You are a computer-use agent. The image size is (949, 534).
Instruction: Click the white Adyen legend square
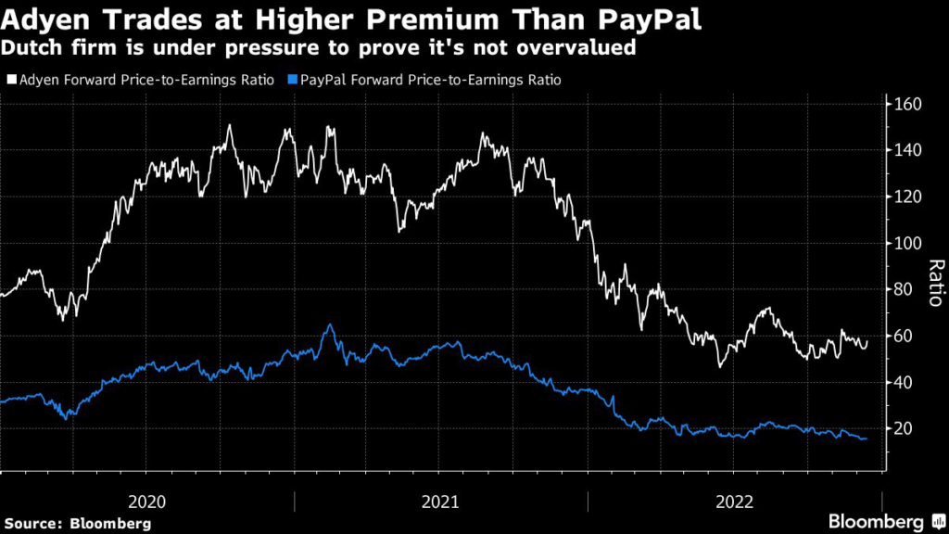(9, 81)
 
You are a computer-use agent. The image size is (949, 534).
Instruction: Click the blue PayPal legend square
(292, 81)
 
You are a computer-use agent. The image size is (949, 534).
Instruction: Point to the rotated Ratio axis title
(935, 283)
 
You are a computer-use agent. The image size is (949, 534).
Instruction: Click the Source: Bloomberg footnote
(77, 523)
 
